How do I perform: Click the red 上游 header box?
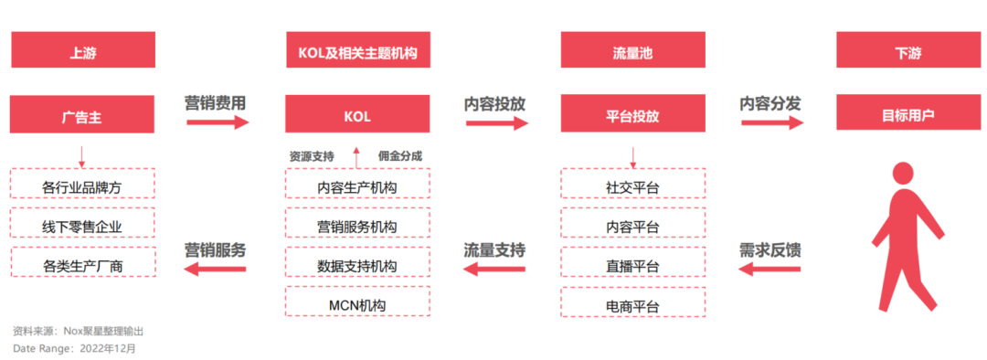(x=82, y=51)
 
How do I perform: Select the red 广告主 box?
(x=82, y=116)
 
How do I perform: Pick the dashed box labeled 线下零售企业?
(x=82, y=226)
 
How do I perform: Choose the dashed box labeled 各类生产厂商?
(x=82, y=265)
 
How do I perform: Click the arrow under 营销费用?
(x=216, y=122)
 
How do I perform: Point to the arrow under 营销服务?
(x=216, y=269)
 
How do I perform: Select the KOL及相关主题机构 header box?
(x=357, y=51)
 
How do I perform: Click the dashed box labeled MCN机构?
(x=357, y=303)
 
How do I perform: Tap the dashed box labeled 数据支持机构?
(x=357, y=265)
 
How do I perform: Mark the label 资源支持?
(x=312, y=155)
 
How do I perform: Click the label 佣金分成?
(x=400, y=155)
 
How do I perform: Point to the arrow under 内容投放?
(x=495, y=122)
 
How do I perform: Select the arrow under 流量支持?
(x=495, y=269)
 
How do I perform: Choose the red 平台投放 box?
(x=632, y=116)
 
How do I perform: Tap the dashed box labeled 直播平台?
(x=632, y=265)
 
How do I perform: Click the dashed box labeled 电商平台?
(x=632, y=303)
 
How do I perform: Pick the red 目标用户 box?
(x=907, y=116)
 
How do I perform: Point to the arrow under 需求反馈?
(x=770, y=269)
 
